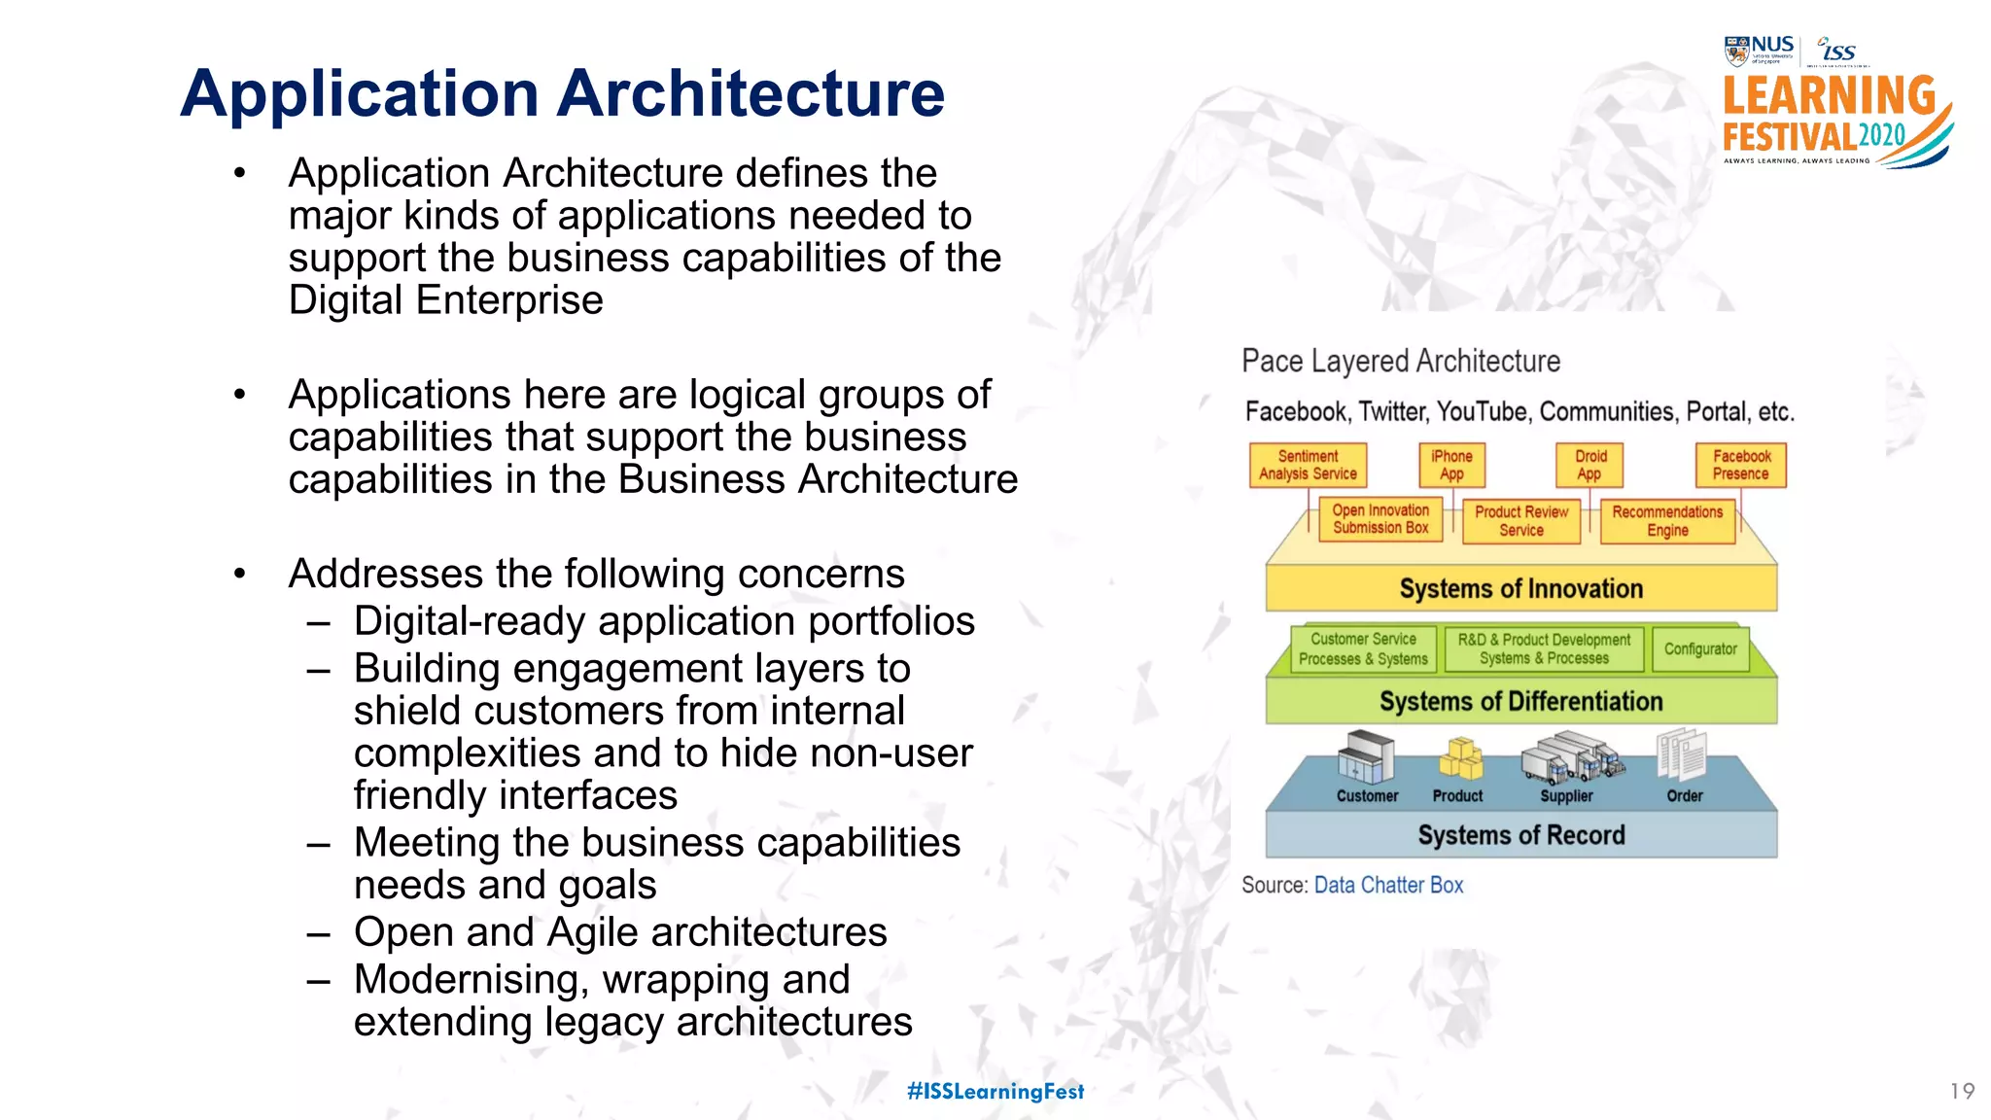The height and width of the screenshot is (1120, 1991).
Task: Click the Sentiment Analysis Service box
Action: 1308,465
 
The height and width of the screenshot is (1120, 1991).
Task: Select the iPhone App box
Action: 1451,465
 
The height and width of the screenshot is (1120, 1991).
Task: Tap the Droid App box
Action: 1590,465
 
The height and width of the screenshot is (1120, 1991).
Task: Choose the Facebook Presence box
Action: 1741,465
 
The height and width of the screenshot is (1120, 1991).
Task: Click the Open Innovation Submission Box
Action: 1380,519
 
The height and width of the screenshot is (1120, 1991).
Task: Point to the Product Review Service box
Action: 1521,521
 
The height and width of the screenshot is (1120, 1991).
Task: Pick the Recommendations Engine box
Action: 1667,521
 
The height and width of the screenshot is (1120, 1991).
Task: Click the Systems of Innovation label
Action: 1521,589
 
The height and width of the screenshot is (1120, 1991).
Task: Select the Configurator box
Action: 1700,649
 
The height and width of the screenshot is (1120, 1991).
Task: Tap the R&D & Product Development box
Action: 1544,649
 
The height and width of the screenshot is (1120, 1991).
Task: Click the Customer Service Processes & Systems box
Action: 1363,649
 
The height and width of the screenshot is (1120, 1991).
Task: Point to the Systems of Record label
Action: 1521,835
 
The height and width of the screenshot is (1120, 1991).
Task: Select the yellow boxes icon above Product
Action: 1460,758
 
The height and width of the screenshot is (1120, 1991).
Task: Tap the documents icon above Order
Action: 1683,755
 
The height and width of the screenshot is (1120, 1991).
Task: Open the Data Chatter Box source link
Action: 1388,886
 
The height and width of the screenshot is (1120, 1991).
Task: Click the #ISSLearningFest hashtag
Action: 995,1092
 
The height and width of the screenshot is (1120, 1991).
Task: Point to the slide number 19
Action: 1962,1092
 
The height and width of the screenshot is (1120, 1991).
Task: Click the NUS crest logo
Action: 1736,50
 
